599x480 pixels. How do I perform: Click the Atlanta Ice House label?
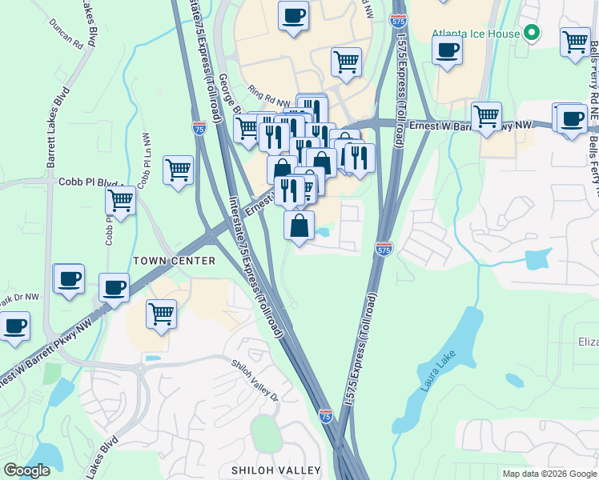tap(475, 34)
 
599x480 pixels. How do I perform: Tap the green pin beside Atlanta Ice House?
tap(530, 34)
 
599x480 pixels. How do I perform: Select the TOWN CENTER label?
tap(174, 261)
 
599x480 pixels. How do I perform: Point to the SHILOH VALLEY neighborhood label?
tap(275, 470)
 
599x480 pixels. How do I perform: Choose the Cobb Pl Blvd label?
tap(87, 182)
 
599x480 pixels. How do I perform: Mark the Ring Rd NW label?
tap(267, 98)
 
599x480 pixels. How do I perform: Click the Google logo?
tap(26, 470)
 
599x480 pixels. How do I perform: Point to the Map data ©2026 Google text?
tap(549, 474)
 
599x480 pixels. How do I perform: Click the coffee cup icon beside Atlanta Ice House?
tap(447, 50)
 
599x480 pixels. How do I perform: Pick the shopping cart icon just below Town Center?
tap(161, 313)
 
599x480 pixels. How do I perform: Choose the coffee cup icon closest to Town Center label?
tap(114, 287)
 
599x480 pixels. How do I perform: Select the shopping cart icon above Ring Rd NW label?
tap(346, 62)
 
